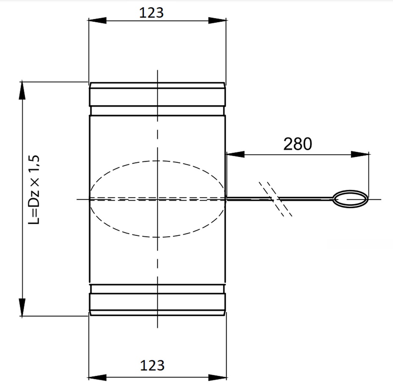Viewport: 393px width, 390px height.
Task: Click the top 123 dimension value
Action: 151,13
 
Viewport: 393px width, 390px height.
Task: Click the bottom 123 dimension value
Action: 152,365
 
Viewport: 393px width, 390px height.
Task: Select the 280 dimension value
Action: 297,144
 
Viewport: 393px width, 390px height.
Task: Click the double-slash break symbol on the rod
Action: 276,199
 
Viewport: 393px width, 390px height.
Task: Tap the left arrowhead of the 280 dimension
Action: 235,154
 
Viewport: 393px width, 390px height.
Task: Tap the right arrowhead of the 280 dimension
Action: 361,154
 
